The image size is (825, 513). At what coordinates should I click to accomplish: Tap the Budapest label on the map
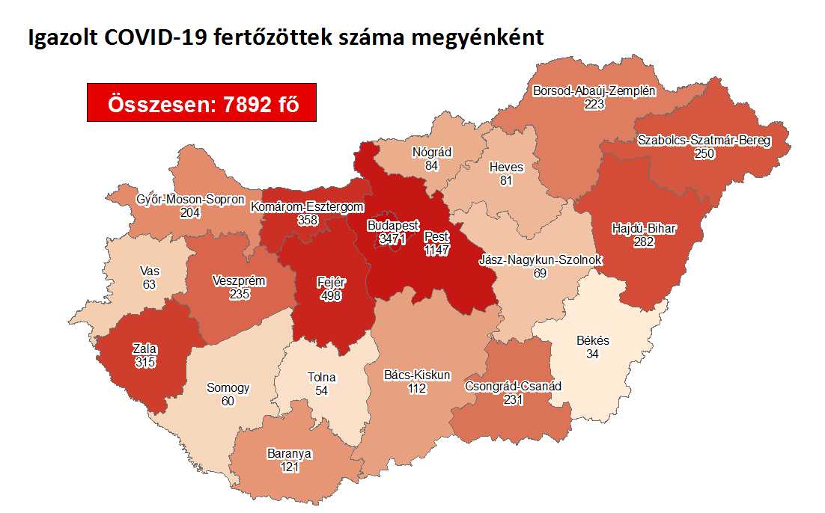393,225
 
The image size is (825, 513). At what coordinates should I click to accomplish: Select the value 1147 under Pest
436,251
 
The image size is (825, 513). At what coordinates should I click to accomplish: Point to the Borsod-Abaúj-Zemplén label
594,91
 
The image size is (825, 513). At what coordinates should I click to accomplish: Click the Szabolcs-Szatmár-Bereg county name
704,141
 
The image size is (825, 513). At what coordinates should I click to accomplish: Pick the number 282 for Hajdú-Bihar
643,242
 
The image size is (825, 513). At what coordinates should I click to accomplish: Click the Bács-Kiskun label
417,375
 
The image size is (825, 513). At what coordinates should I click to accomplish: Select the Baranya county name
289,454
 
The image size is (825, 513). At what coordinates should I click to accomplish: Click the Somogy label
228,388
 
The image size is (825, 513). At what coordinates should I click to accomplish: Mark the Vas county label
150,271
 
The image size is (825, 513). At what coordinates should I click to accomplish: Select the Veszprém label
240,281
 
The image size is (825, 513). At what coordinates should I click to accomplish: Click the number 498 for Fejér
329,295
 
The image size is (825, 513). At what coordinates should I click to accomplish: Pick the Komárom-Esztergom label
308,207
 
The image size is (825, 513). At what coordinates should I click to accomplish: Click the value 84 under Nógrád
432,165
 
